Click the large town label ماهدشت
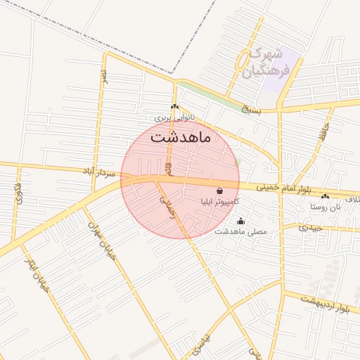181,138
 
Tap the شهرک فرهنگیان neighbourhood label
264,63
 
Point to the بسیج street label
251,110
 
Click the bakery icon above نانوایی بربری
174,106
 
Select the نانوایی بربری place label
175,117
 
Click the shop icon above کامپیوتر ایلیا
220,191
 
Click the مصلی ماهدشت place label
240,231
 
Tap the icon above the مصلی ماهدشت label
240,221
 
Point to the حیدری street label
310,227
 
